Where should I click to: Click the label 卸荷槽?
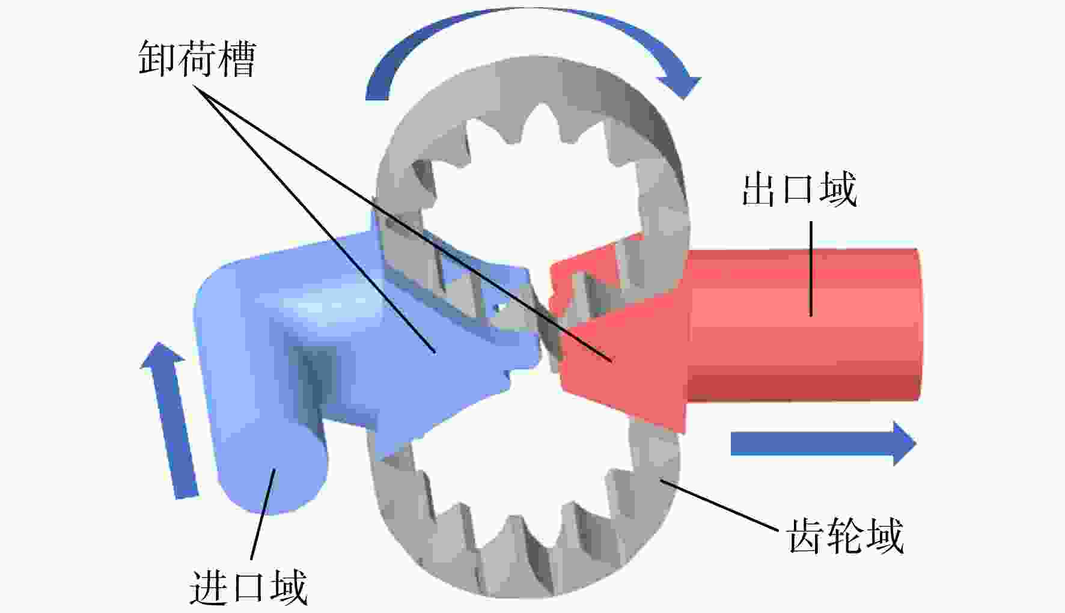tap(198, 58)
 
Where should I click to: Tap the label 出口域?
tap(799, 189)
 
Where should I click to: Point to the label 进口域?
tap(248, 587)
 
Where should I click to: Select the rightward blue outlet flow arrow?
tap(823, 444)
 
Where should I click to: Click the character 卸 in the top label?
tap(157, 58)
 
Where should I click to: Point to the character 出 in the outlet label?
tap(760, 189)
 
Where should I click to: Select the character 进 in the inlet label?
tap(209, 587)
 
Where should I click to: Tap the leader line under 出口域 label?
tap(811, 268)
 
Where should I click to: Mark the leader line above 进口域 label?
tap(263, 514)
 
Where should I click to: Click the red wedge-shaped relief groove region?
tap(619, 349)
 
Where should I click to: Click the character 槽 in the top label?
tap(238, 58)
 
